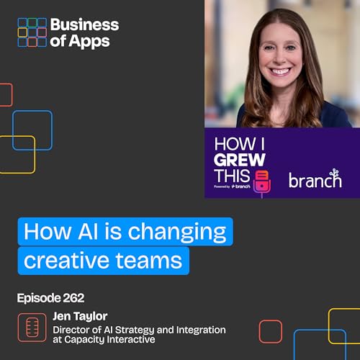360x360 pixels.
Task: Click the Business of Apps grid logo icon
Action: pyautogui.click(x=32, y=32)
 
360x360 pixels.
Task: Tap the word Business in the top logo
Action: pyautogui.click(x=85, y=24)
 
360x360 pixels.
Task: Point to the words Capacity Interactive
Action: pyautogui.click(x=118, y=340)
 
